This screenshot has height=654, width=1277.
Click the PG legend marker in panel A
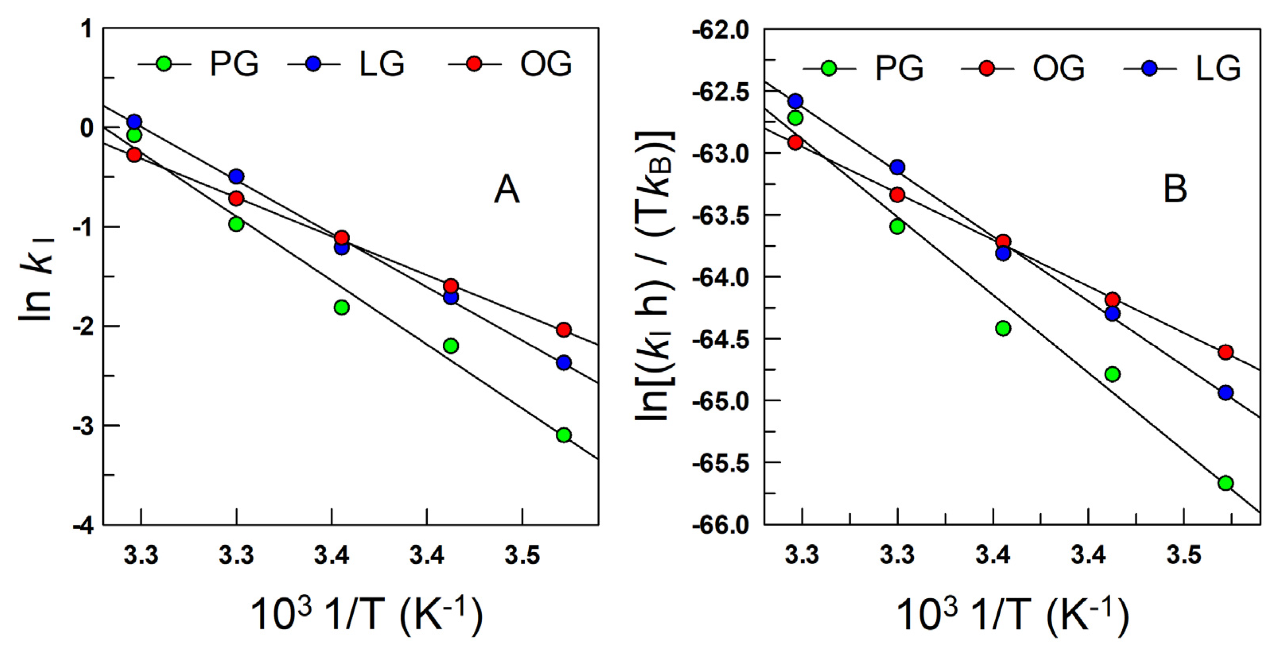tap(164, 64)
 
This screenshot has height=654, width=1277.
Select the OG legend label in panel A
tap(546, 64)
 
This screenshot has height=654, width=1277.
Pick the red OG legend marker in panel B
tap(987, 68)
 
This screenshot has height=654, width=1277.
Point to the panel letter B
tap(1175, 189)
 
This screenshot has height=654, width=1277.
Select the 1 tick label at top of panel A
tap(87, 30)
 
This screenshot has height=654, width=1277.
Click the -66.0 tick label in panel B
tap(721, 526)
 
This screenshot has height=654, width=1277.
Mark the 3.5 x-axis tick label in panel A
tap(522, 555)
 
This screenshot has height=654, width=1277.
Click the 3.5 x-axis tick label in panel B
tap(1184, 555)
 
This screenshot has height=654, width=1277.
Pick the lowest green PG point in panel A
tap(564, 435)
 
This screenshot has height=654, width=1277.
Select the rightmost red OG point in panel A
tap(564, 330)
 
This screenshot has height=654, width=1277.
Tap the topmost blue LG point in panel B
tap(795, 101)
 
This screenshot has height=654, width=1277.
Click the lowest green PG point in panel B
tap(1225, 483)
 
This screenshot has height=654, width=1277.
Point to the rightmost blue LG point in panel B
tap(1225, 393)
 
